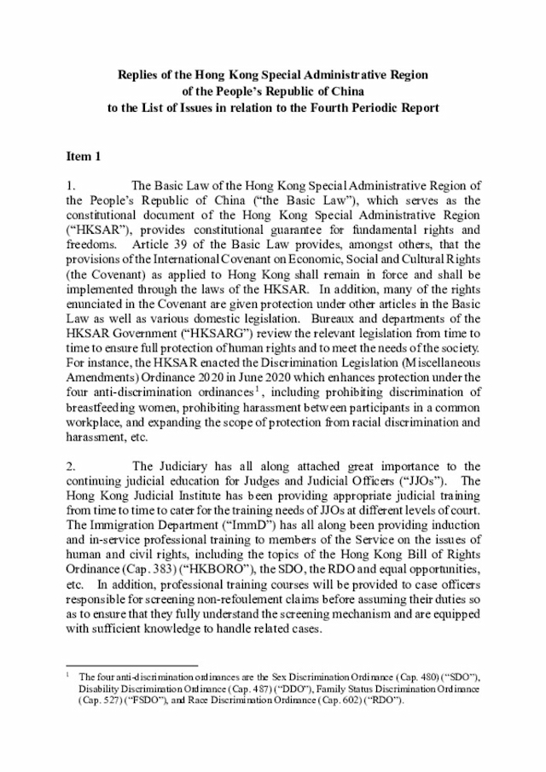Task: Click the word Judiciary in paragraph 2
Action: [182, 466]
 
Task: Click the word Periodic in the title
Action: [379, 108]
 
